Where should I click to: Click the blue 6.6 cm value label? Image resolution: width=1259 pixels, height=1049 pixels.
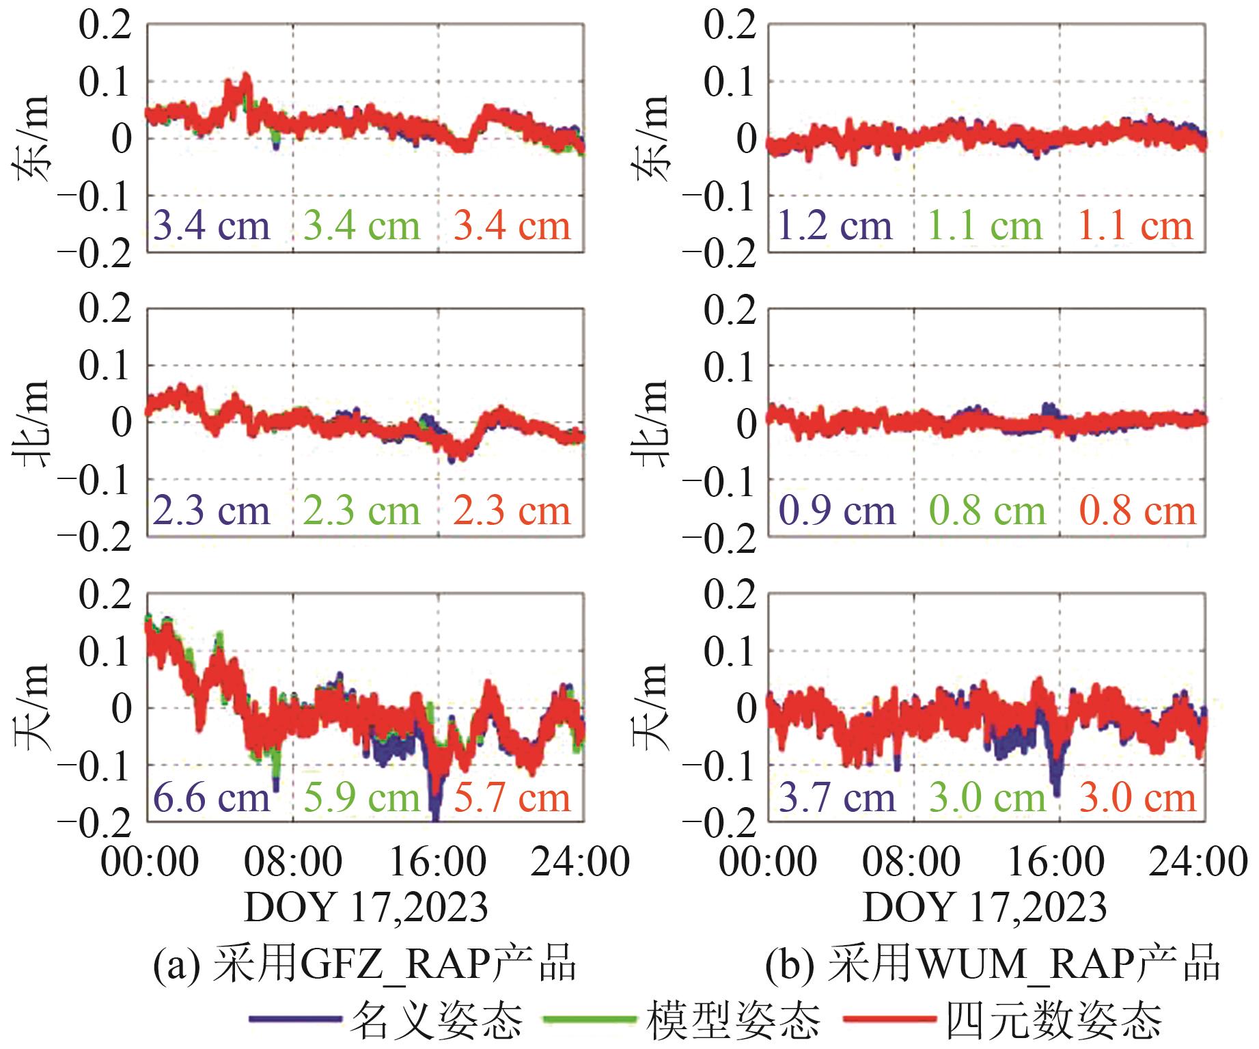pyautogui.click(x=211, y=798)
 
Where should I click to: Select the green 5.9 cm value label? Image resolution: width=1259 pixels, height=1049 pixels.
pyautogui.click(x=361, y=798)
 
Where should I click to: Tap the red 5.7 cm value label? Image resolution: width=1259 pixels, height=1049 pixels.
pyautogui.click(x=511, y=798)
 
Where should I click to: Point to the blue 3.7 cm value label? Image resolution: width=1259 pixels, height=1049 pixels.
pyautogui.click(x=836, y=798)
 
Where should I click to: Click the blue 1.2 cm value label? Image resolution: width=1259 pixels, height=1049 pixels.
pyautogui.click(x=835, y=226)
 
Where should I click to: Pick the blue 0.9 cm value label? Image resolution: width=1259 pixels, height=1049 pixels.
pyautogui.click(x=836, y=511)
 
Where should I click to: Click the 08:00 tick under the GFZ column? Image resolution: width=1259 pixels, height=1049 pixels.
pyautogui.click(x=293, y=862)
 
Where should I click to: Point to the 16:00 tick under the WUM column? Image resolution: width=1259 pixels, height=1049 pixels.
pyautogui.click(x=1056, y=862)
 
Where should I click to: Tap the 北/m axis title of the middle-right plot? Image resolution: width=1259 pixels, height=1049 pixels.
pyautogui.click(x=653, y=424)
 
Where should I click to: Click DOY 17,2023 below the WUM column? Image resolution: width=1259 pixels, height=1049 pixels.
pyautogui.click(x=984, y=908)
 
